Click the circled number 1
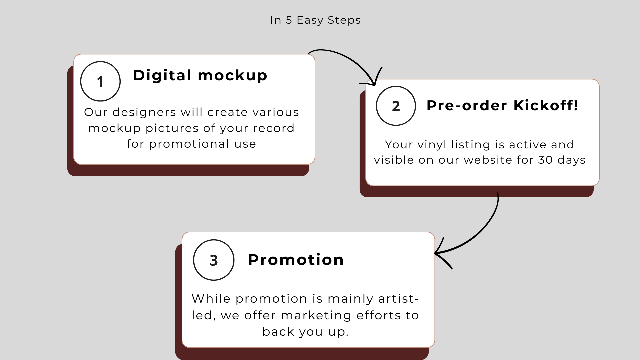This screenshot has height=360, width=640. click(x=100, y=81)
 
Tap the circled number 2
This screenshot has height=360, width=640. click(x=396, y=106)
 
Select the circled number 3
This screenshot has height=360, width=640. click(x=214, y=260)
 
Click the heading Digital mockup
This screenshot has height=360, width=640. click(x=200, y=75)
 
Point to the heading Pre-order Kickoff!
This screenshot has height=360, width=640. click(x=502, y=105)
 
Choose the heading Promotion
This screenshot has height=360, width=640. click(x=296, y=260)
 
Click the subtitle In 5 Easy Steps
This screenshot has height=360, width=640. click(x=315, y=20)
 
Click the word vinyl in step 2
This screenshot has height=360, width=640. click(x=432, y=145)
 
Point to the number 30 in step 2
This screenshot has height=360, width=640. click(x=545, y=160)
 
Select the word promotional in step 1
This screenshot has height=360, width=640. click(x=189, y=144)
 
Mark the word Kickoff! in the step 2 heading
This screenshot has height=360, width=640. click(x=546, y=105)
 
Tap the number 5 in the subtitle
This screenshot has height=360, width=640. click(x=289, y=20)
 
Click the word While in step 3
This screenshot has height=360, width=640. click(x=211, y=299)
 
